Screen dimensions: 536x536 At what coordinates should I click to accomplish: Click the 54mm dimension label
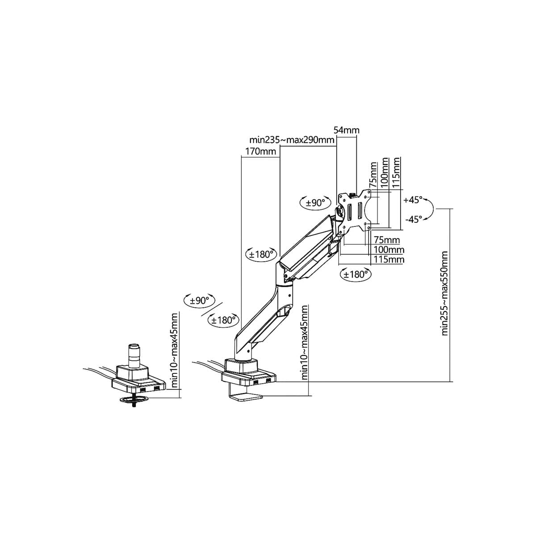[346, 130]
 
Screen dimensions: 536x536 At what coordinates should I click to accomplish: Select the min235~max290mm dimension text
[292, 140]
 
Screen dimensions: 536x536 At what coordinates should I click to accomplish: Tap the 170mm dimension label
[260, 151]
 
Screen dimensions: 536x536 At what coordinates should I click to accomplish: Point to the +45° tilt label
[413, 200]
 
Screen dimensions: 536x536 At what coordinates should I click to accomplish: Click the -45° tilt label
[414, 219]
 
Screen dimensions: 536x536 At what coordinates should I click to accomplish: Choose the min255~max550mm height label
[444, 293]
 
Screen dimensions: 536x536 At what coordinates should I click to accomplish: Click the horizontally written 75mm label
[387, 239]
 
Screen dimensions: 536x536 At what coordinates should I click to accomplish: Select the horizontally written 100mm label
[389, 250]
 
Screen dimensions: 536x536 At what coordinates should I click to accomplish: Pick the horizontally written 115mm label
[389, 260]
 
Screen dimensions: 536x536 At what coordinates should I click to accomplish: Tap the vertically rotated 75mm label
[373, 175]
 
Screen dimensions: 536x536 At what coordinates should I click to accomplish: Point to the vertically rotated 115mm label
[396, 172]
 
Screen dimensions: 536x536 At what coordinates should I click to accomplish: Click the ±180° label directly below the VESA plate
[356, 275]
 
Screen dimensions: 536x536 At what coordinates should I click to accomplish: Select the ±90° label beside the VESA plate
[316, 202]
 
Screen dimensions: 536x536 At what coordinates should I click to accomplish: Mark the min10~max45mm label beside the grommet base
[174, 351]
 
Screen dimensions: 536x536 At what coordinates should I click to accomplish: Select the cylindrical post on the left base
[134, 355]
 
